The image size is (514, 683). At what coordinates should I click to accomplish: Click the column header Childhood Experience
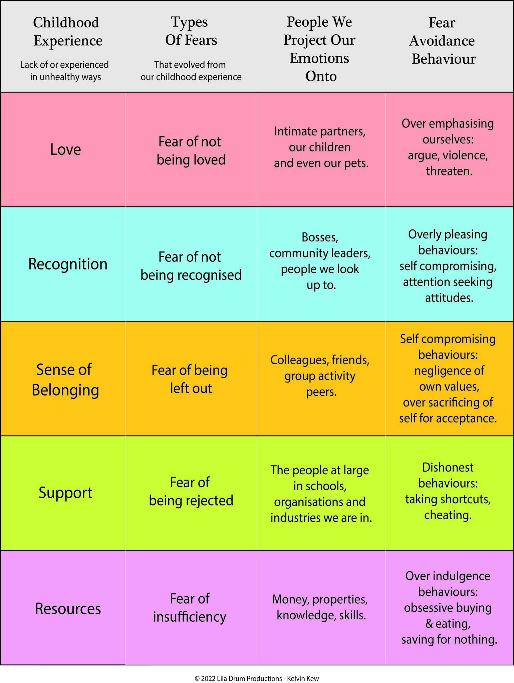tap(67, 32)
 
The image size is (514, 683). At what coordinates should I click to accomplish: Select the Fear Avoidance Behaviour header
tap(443, 41)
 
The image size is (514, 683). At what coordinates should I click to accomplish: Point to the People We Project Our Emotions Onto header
tap(320, 49)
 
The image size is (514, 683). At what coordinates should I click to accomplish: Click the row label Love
tap(65, 149)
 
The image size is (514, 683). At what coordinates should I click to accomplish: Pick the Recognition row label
tap(68, 264)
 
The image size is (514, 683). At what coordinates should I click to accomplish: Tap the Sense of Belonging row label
tap(65, 380)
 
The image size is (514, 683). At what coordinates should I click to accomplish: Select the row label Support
tap(65, 493)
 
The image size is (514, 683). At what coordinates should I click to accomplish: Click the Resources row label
tap(68, 609)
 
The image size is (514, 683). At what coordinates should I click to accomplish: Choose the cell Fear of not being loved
tap(191, 151)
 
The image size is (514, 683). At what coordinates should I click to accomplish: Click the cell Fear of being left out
tap(190, 379)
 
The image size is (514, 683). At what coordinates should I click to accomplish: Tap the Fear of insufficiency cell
tap(190, 608)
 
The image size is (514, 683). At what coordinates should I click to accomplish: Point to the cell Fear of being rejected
tap(191, 492)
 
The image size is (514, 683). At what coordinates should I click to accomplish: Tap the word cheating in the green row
tap(448, 515)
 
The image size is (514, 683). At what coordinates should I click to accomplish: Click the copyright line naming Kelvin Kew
tap(257, 679)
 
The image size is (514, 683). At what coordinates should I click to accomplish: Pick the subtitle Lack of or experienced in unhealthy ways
tap(65, 71)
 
